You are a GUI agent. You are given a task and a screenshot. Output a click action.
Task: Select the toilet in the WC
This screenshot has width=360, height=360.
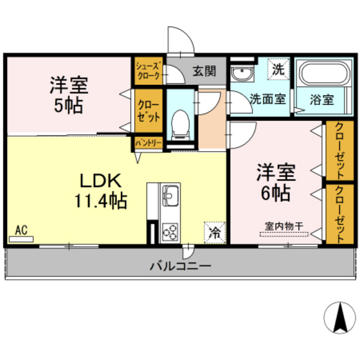(x=180, y=122)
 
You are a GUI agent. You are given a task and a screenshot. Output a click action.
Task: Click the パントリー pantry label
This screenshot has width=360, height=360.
(x=148, y=143)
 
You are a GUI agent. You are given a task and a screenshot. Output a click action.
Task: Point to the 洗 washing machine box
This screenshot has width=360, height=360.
(x=278, y=68)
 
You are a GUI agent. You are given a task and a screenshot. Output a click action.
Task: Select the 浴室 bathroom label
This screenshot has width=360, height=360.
(x=320, y=100)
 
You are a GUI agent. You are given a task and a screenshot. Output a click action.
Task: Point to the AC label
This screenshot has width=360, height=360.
(x=21, y=230)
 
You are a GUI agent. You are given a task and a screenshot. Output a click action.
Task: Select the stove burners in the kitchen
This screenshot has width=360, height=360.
(x=172, y=230)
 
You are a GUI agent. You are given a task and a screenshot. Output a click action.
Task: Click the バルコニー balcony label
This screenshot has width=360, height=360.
(x=180, y=265)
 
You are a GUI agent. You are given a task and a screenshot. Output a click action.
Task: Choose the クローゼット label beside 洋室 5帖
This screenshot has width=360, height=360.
(x=148, y=112)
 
